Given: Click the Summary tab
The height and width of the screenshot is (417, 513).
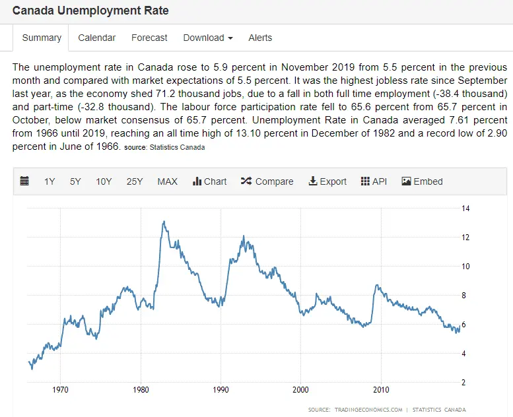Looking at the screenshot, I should pos(42,38).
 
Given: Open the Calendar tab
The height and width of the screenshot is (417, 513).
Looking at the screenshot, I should pos(96,38).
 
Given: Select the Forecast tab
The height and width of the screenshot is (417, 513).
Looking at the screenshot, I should pos(149,38).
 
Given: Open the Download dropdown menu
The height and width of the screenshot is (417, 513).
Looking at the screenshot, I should pos(208,38).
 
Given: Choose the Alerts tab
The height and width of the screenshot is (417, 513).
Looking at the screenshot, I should pos(260,38).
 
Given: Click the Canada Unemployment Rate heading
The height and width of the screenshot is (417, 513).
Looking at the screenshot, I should pos(90,11).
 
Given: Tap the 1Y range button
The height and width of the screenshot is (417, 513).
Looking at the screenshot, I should pos(50,181).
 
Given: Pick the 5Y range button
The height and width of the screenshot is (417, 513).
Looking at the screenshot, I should pos(75,181).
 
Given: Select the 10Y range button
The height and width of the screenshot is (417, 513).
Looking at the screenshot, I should pos(104,181).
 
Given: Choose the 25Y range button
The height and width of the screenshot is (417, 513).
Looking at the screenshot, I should pos(135,181).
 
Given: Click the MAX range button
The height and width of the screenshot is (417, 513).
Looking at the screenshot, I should pos(167,181).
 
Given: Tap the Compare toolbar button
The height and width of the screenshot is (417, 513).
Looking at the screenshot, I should pos(267,181).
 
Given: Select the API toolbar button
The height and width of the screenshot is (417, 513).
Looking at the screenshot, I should pos(374,181).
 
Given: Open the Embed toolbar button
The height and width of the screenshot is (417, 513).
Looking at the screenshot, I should pos(422,181).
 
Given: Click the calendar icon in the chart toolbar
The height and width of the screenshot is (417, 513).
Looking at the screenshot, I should pos(24,181).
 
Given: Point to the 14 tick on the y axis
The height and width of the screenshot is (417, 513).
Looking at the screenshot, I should pos(465,208).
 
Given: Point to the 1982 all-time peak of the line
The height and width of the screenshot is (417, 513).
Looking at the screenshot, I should pos(163,222).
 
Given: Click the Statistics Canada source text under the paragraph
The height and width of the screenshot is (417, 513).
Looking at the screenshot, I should pos(176,147).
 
